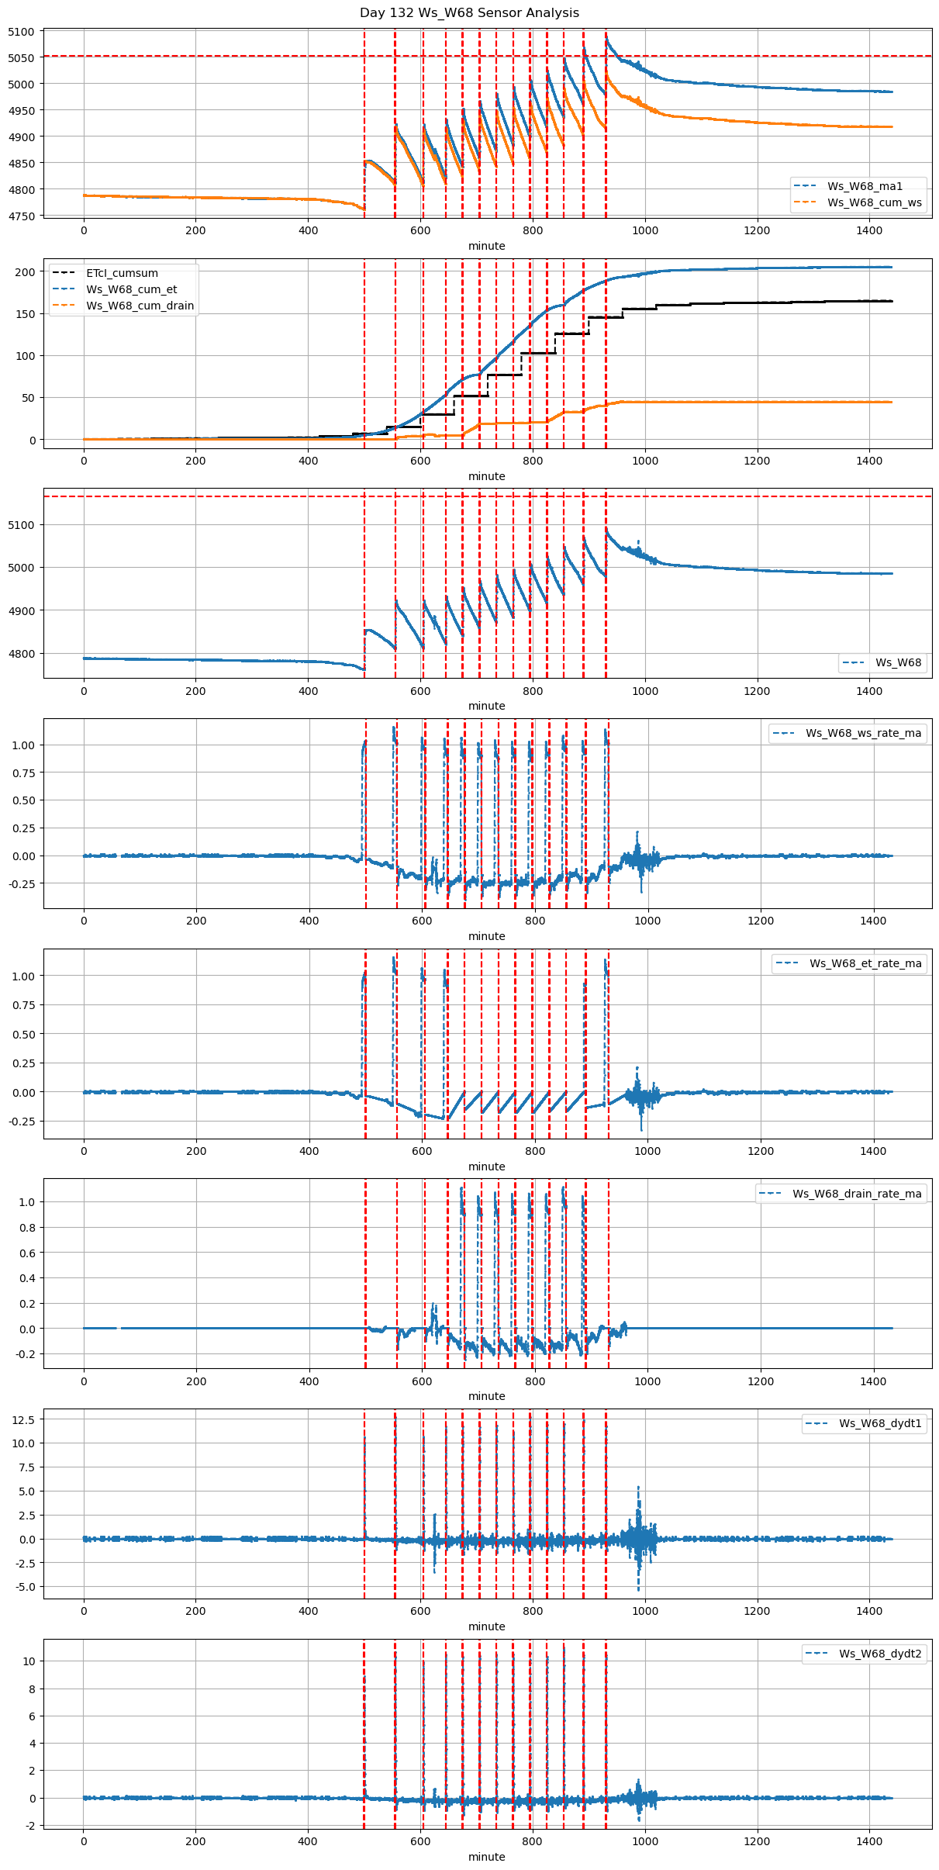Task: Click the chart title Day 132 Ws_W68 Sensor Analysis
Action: (469, 13)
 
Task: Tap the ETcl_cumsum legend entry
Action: (122, 273)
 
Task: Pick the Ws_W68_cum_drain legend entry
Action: (140, 306)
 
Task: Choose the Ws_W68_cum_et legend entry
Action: (131, 289)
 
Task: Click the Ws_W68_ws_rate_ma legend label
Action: (863, 733)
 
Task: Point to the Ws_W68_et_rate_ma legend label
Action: (865, 963)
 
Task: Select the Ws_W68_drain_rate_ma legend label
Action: (857, 1194)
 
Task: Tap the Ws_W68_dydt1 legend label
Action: (880, 1423)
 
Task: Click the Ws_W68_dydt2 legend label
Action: (880, 1654)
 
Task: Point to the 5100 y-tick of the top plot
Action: (22, 33)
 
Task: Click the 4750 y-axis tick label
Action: (22, 216)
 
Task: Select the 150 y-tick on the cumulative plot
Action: (26, 314)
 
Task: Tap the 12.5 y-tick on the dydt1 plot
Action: (23, 1419)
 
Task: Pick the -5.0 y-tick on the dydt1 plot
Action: (23, 1587)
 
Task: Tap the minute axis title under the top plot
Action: (486, 246)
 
